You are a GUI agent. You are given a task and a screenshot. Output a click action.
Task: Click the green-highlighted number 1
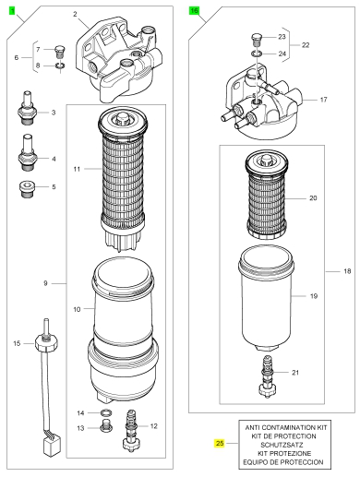coord(12,11)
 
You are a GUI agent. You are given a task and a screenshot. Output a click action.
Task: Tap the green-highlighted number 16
coord(194,11)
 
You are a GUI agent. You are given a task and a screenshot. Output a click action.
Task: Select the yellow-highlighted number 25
coord(220,443)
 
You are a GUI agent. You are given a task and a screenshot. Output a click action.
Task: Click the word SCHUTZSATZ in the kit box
coord(282,445)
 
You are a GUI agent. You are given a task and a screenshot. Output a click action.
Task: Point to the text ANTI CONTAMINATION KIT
coord(286,427)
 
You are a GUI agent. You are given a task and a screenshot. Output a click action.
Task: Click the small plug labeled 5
coord(28,190)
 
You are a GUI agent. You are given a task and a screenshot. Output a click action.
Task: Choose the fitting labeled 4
coord(28,152)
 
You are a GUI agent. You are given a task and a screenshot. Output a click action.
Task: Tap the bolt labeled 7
coord(59,52)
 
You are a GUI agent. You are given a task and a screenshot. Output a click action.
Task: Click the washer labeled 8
coord(60,66)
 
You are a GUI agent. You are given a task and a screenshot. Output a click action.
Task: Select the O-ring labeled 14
coord(106,412)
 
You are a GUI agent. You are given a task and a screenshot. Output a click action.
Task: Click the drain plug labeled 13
coord(106,425)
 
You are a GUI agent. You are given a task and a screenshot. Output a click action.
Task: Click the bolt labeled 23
coord(257,39)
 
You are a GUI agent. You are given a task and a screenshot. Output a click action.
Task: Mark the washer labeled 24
coord(257,54)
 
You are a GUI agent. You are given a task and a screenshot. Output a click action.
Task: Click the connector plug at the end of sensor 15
coord(51,447)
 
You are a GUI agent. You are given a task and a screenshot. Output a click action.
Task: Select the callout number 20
coord(313,198)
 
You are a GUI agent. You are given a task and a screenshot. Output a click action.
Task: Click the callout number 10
coord(77,309)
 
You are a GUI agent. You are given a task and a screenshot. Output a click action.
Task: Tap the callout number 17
coord(323,100)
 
